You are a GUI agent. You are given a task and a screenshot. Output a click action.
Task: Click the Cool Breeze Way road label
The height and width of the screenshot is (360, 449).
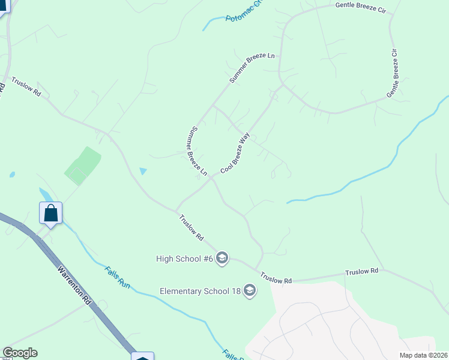pyautogui.click(x=235, y=154)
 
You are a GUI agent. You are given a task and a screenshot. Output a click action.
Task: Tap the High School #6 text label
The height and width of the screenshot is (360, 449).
pyautogui.click(x=184, y=259)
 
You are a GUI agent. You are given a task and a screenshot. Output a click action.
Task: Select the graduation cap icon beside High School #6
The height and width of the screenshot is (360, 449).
pyautogui.click(x=221, y=259)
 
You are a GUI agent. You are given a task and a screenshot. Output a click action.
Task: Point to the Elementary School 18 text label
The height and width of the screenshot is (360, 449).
pyautogui.click(x=200, y=292)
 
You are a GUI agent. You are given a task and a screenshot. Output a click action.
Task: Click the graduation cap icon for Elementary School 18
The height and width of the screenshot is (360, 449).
pyautogui.click(x=249, y=292)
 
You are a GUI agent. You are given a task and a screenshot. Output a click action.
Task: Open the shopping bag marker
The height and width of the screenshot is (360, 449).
pyautogui.click(x=51, y=213)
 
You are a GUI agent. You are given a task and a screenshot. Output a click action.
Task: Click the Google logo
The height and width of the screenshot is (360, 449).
pyautogui.click(x=20, y=353)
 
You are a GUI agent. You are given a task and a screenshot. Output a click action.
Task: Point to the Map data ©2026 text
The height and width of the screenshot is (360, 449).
pyautogui.click(x=423, y=355)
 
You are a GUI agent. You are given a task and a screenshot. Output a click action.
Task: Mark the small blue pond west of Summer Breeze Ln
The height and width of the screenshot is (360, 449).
pyautogui.click(x=143, y=171)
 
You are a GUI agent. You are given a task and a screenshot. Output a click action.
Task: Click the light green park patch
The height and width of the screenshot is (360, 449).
pyautogui.click(x=82, y=166)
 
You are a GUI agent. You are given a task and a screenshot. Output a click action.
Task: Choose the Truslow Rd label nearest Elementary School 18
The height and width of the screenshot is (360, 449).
pyautogui.click(x=276, y=278)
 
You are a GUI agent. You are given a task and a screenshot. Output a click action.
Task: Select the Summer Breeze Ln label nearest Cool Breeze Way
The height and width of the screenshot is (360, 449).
pyautogui.click(x=199, y=151)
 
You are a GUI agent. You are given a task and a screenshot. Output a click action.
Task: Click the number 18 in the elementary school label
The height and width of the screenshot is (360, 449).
pyautogui.click(x=236, y=292)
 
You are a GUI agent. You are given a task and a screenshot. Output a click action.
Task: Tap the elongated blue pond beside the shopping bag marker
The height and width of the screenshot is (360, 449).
pyautogui.click(x=44, y=196)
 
